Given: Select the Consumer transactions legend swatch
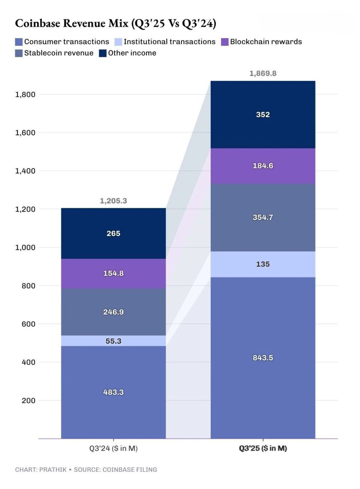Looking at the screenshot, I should [19, 42].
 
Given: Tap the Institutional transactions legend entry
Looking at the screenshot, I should [165, 42].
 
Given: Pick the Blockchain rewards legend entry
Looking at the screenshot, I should [262, 42].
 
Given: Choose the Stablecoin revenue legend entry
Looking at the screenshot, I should [54, 53].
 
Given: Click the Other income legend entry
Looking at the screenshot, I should [128, 53].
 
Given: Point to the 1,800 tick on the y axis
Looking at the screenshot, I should [25, 94].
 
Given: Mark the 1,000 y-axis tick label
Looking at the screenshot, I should [25, 247].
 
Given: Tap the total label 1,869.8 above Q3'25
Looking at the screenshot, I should [263, 73].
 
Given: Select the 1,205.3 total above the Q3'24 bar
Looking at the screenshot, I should [113, 201].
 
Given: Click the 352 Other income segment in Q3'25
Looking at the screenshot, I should [263, 115].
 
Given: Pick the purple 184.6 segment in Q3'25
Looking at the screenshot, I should [263, 166].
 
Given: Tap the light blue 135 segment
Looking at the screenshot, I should [263, 264].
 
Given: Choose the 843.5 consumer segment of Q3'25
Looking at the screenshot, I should [263, 358].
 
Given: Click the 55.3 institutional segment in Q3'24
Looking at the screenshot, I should [113, 341].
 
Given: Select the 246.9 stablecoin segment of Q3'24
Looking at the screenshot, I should [113, 312].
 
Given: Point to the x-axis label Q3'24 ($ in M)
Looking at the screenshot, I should [113, 448].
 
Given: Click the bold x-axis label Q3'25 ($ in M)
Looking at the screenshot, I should [263, 448].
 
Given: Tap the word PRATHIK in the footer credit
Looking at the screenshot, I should [52, 469].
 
